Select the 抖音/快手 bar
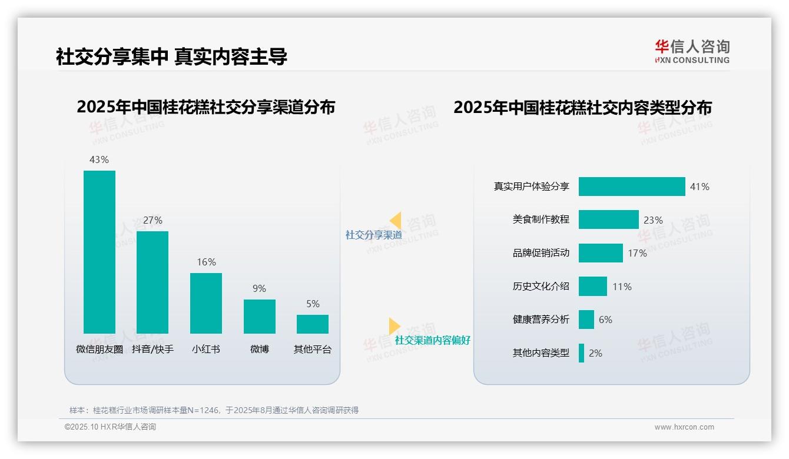click(153, 282)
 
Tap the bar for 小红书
click(206, 303)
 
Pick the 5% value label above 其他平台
click(313, 304)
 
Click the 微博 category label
click(260, 349)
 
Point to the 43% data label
click(99, 159)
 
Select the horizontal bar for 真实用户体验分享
click(632, 187)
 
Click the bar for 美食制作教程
click(608, 219)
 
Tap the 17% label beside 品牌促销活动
click(637, 253)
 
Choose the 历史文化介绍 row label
click(541, 287)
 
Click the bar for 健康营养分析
click(586, 320)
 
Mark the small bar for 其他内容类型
click(581, 353)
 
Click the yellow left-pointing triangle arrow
click(396, 221)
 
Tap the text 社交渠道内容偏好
click(432, 340)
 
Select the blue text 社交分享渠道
click(373, 235)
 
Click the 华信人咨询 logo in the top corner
click(692, 51)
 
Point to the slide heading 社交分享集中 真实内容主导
click(171, 56)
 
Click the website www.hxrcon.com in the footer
click(684, 427)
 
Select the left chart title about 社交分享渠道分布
click(205, 107)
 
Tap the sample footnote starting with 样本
click(214, 410)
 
